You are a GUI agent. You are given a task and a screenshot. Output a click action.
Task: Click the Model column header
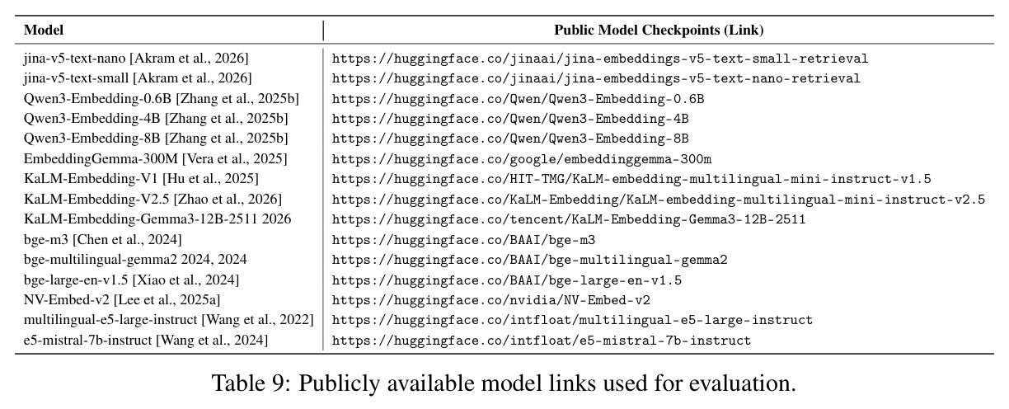coord(43,31)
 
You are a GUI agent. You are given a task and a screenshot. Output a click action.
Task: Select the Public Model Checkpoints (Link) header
coord(659,31)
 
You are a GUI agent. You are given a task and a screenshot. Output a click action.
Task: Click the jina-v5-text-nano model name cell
coord(136,58)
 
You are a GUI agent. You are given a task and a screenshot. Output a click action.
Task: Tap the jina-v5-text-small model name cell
coord(138,78)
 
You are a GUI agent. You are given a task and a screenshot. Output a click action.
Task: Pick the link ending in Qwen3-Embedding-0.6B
coord(518,99)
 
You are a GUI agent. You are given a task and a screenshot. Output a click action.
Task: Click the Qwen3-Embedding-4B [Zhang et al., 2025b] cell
coord(156,118)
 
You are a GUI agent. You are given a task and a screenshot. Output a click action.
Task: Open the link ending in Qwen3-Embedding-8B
coord(510,139)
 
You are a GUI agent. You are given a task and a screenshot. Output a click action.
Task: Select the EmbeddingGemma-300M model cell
coord(156,158)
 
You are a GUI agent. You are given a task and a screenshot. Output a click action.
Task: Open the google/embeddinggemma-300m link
coord(522,159)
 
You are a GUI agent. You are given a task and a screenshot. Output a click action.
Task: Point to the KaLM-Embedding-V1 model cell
coord(141,178)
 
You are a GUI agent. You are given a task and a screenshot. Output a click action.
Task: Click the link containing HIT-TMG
coord(631,179)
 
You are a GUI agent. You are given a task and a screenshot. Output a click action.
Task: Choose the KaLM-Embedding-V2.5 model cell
coord(153,199)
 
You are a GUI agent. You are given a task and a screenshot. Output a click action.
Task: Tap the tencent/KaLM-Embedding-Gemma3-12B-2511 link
coord(569,219)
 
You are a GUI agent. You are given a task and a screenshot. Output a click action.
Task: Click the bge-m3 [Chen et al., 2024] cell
coord(103,239)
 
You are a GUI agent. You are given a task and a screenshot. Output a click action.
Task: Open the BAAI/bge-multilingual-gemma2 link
coord(530,260)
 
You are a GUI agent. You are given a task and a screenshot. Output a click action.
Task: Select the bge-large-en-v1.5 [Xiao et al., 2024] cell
coord(132,280)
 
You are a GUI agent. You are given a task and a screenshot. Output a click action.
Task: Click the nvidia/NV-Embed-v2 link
coord(491,300)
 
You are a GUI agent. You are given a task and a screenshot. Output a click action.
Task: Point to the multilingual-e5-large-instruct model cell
coord(168,319)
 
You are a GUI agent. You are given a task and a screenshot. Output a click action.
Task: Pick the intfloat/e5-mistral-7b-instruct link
coord(542,340)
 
